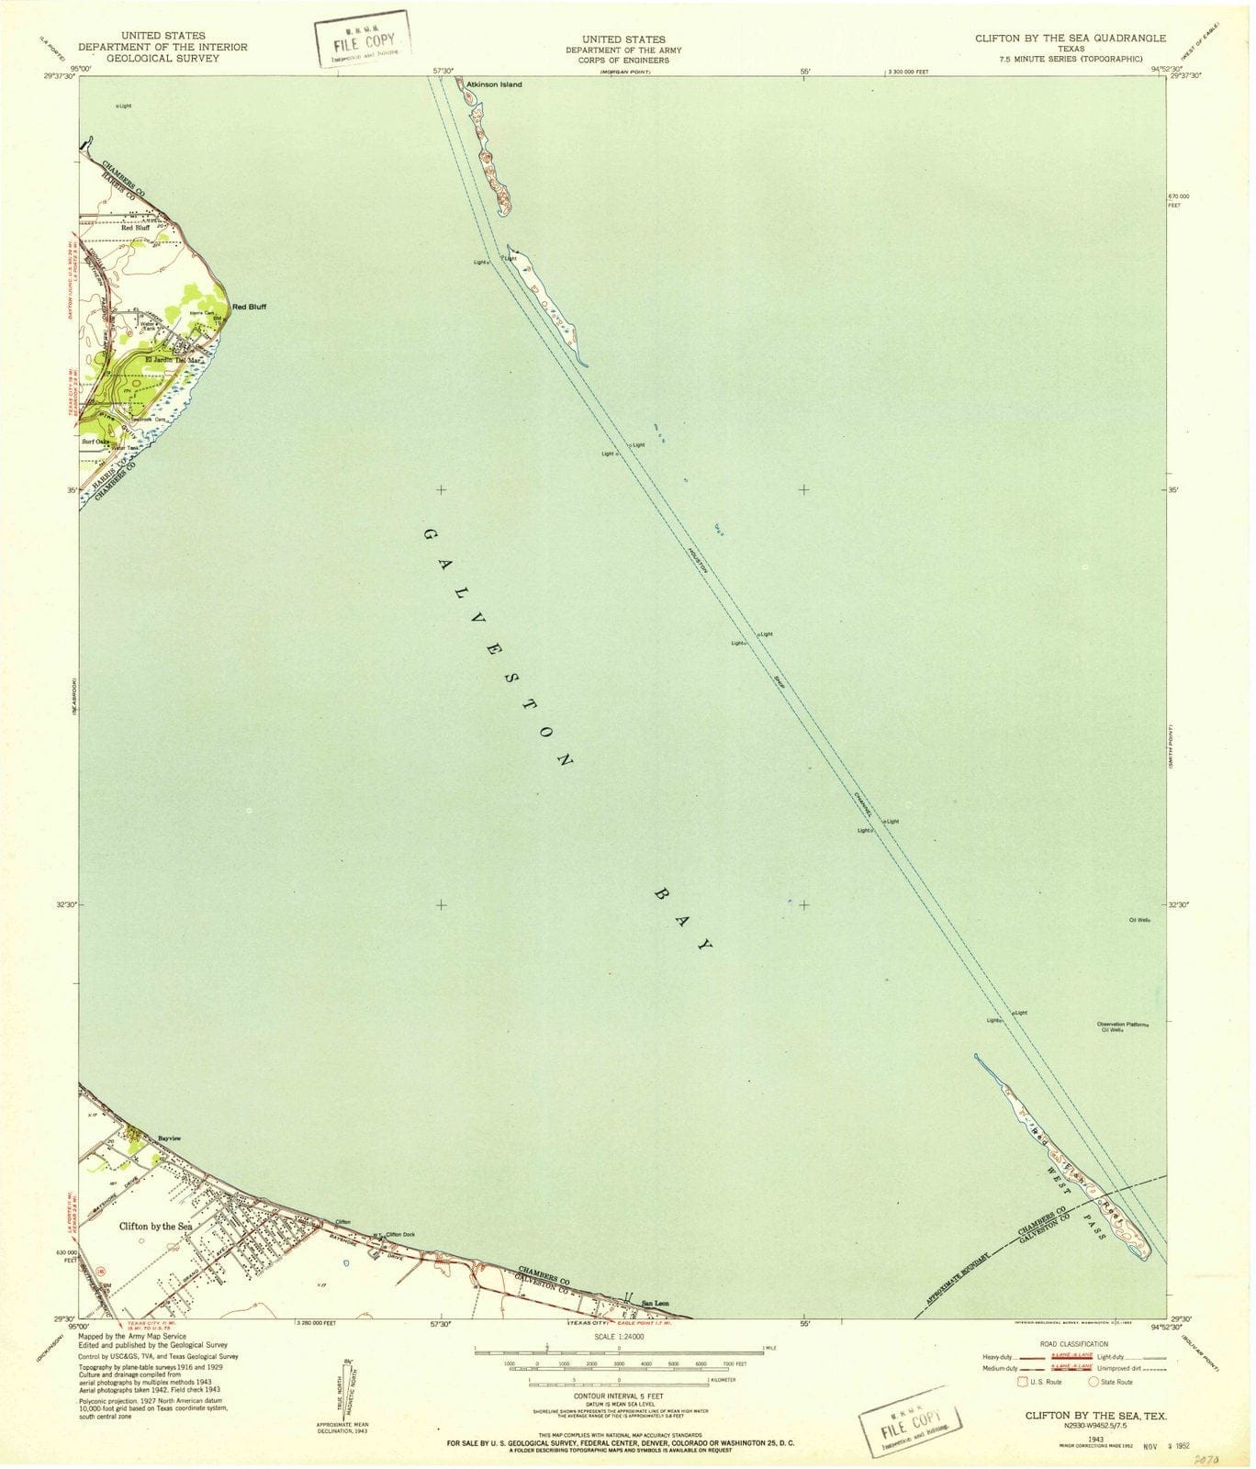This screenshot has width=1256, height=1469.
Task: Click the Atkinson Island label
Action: (x=494, y=84)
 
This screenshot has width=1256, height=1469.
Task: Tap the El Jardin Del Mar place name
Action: (x=173, y=359)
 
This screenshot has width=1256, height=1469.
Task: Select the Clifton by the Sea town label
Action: (x=156, y=1226)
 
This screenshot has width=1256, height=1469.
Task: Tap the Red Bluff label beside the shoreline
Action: (x=249, y=307)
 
